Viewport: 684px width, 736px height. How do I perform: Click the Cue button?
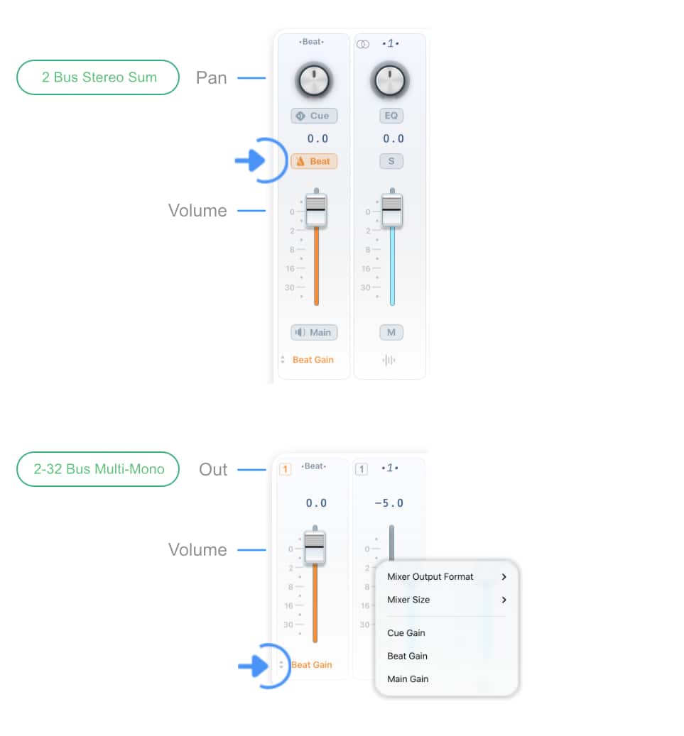pos(314,116)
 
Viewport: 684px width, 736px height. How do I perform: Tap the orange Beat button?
pos(314,161)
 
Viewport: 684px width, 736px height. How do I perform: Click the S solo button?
pos(391,161)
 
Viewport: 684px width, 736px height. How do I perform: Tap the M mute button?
pos(391,332)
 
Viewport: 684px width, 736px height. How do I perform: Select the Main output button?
pos(314,332)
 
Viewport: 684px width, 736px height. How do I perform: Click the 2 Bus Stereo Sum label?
pos(98,77)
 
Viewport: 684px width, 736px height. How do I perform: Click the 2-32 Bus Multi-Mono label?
pos(98,469)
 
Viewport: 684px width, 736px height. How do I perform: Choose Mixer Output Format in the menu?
pos(430,576)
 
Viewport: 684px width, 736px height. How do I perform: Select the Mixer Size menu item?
pos(408,600)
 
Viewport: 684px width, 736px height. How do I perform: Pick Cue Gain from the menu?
pos(406,633)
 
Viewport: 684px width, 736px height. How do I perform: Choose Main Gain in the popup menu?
pos(408,679)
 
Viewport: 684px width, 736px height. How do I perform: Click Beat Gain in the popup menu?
pos(407,656)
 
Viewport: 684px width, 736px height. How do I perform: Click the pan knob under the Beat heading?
pos(314,80)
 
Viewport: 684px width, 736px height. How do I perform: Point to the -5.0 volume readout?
pos(389,503)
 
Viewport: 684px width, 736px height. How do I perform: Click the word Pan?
pos(212,78)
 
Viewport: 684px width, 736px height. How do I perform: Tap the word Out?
pos(213,469)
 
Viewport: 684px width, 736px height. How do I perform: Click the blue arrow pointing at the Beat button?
pos(251,160)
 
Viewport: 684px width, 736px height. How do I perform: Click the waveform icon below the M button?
pos(389,360)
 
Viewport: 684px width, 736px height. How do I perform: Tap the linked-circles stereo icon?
pos(363,44)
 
